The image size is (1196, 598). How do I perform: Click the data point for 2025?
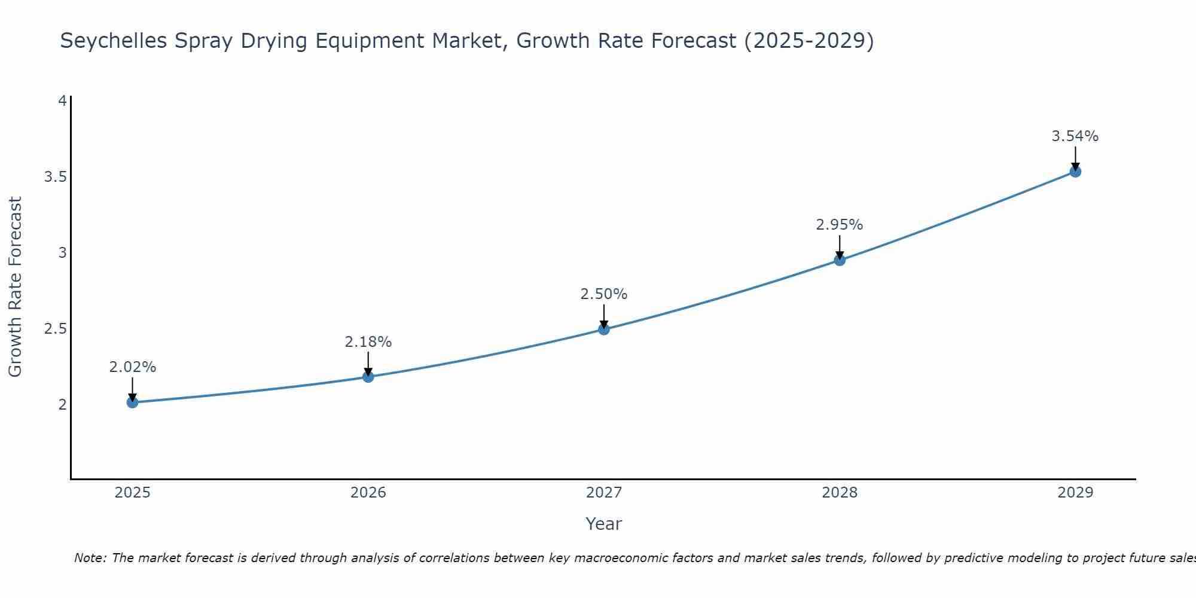click(132, 402)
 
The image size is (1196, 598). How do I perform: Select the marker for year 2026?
click(368, 377)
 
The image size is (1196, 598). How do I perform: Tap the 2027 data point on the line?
click(603, 329)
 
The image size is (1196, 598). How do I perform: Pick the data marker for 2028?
click(840, 260)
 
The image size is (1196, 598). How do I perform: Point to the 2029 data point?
click(1075, 172)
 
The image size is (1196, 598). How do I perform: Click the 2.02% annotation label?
click(132, 367)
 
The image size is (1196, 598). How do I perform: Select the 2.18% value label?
click(368, 342)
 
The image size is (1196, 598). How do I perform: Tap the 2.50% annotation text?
click(603, 294)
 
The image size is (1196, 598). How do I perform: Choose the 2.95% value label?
click(840, 225)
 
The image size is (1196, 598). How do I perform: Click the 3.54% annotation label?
click(1075, 136)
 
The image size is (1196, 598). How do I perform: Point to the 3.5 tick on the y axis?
click(55, 177)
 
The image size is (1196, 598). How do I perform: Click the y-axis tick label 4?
click(62, 101)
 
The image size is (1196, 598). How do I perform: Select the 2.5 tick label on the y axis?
click(55, 329)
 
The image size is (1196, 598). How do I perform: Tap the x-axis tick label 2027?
click(603, 493)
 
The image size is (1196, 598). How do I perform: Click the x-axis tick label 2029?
click(1075, 493)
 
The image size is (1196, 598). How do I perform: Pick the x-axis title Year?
click(603, 524)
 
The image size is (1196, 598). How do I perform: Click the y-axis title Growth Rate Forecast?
click(15, 287)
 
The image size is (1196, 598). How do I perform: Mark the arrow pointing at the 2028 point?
click(840, 246)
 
